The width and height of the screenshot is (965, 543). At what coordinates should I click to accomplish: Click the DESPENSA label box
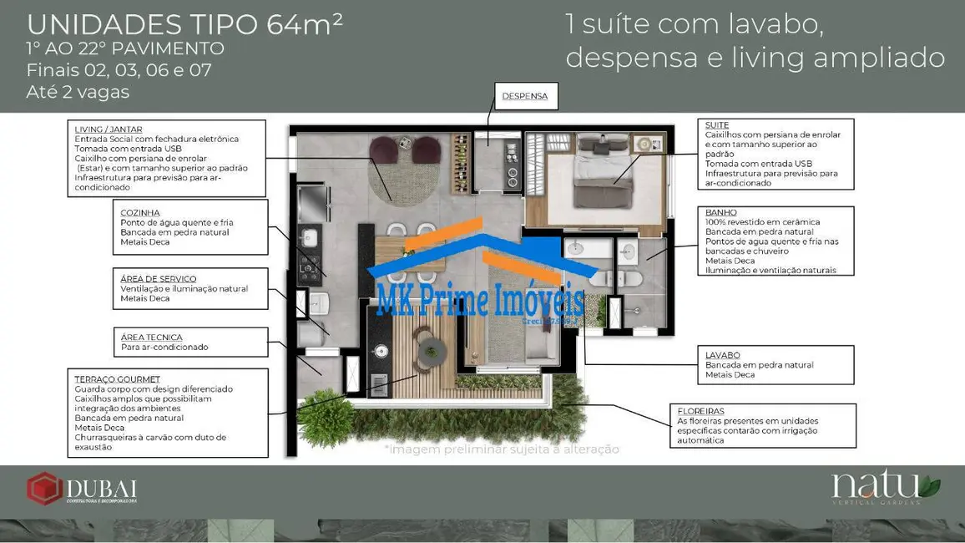[x=524, y=96]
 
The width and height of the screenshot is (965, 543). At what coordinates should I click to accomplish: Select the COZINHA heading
[x=140, y=213]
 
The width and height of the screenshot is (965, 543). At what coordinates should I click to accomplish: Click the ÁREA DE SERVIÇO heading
[x=159, y=279]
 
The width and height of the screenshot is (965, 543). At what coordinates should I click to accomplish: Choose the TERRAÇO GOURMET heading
[x=117, y=379]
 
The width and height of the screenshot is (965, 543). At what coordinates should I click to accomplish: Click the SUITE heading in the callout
[x=717, y=125]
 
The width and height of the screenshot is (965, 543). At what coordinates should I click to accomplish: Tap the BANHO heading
[x=720, y=213]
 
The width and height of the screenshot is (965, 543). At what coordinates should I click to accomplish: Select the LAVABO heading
[x=723, y=355]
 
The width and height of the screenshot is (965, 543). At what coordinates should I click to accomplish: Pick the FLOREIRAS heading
[x=700, y=411]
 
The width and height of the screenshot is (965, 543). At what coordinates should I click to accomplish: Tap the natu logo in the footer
[x=885, y=487]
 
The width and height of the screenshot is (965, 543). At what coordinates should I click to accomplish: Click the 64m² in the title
[x=305, y=24]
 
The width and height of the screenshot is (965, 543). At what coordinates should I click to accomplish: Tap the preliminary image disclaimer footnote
[x=501, y=449]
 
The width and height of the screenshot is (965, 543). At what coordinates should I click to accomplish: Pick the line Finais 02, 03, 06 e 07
[x=119, y=70]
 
